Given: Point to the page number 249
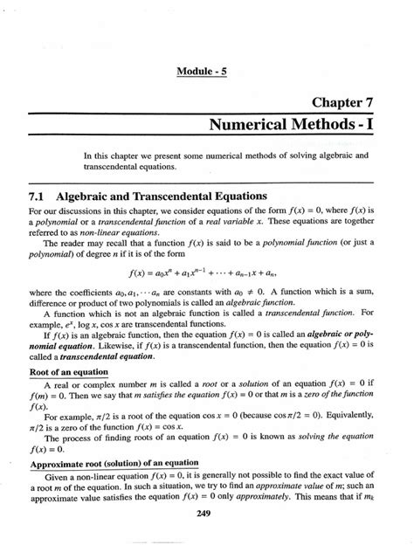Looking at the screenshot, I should tap(207, 523).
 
